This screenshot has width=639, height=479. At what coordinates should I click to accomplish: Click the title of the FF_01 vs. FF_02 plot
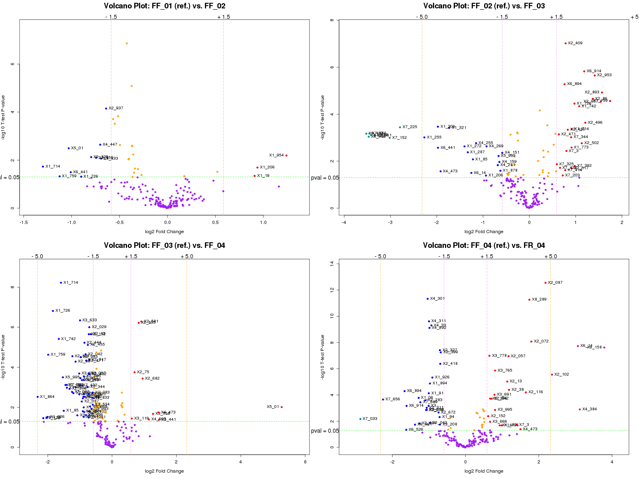click(165, 6)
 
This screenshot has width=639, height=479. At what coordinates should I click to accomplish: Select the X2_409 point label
click(575, 43)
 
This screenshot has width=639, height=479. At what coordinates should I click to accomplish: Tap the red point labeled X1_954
click(286, 155)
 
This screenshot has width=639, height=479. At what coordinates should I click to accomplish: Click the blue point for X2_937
click(106, 108)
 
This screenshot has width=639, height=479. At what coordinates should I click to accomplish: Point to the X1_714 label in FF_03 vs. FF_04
click(71, 283)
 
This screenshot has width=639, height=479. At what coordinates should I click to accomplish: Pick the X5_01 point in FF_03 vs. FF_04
click(282, 407)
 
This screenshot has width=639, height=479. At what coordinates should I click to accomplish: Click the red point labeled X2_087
click(546, 283)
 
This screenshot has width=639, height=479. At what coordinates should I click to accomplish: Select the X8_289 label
click(539, 299)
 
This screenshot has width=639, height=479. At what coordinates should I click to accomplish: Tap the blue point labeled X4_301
click(428, 299)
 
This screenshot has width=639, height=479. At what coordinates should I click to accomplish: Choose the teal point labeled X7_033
click(360, 419)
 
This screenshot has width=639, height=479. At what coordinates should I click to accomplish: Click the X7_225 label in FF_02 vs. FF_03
click(410, 127)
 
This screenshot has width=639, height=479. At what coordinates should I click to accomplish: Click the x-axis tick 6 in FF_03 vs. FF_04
click(305, 462)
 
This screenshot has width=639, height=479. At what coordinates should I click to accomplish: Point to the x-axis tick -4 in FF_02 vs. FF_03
click(344, 222)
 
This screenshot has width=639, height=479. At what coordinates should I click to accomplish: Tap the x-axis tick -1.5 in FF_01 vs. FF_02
click(24, 222)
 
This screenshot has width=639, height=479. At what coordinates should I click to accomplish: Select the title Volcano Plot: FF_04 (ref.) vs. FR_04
click(484, 245)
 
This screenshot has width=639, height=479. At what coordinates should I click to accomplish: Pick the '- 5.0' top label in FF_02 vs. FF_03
click(422, 17)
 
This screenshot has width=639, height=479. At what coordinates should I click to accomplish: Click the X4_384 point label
click(589, 409)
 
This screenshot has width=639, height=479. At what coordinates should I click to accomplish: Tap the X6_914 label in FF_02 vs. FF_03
click(594, 71)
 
